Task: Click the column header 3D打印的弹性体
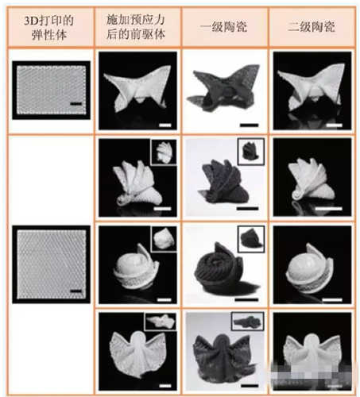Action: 49,28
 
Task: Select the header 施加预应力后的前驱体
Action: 136,27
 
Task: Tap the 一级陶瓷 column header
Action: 223,27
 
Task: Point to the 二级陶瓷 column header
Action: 312,27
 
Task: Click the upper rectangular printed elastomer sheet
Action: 52,90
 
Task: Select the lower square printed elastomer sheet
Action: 52,264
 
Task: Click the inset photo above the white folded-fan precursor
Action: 164,152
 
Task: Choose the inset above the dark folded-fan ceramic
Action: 251,152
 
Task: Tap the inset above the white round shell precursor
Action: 164,239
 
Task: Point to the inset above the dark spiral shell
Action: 251,239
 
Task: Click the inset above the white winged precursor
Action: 161,322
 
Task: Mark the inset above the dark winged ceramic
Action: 248,322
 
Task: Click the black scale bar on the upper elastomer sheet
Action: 76,104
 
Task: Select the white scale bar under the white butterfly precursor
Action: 165,125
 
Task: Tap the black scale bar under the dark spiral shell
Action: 246,299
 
